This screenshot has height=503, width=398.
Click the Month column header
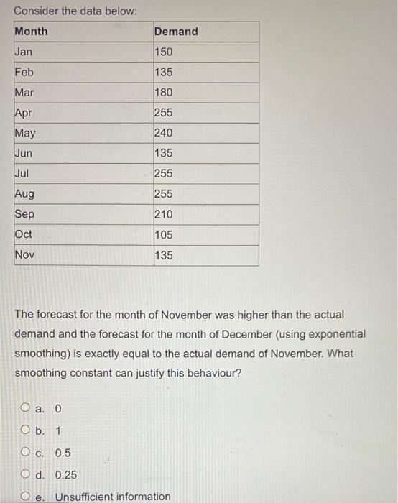coord(32,32)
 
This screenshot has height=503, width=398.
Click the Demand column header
coord(176,32)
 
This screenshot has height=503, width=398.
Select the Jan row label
coord(24,52)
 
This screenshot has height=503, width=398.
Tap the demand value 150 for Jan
coord(164,52)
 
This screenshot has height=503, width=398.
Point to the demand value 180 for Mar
coord(164,93)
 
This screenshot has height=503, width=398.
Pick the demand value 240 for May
coord(164,133)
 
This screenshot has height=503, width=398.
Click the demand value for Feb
coord(164,73)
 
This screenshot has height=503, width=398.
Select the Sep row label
coord(24,214)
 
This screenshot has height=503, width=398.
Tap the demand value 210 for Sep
coord(164,214)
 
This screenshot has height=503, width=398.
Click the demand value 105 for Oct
coord(164,234)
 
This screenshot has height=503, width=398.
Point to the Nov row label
coord(24,254)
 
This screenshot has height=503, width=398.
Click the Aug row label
coord(24,194)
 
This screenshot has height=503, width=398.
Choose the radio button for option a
coord(26,409)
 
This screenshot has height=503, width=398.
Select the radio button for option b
coord(26,431)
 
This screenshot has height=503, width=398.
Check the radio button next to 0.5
coord(26,453)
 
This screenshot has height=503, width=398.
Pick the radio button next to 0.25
coord(26,475)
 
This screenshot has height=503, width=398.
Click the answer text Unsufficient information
coord(113,497)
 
